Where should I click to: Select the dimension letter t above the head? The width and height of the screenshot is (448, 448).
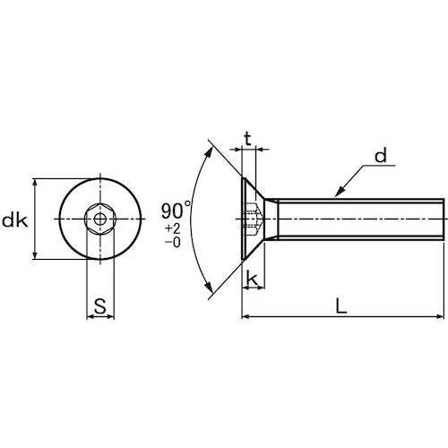tap(248, 139)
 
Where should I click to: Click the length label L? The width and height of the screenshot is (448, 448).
tap(340, 305)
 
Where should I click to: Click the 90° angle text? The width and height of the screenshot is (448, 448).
tap(177, 211)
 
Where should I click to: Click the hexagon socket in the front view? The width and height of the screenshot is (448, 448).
tap(98, 219)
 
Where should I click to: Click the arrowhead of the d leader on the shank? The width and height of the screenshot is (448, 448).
tap(338, 193)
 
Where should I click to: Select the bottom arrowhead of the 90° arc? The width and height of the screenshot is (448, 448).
tap(212, 289)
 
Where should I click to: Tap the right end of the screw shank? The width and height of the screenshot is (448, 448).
tap(440, 219)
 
